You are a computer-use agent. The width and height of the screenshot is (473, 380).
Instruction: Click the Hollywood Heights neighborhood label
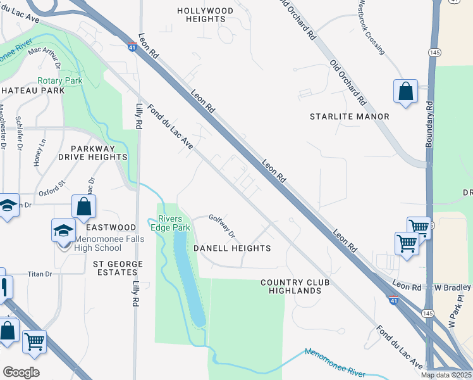click(x=205, y=15)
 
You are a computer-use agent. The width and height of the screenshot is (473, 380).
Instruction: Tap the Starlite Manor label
click(x=349, y=117)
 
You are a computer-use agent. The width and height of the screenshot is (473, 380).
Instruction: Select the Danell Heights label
click(x=232, y=248)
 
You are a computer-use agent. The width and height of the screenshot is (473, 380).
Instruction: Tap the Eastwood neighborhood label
click(x=111, y=227)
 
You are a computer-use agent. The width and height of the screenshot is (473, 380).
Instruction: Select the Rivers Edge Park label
click(x=173, y=223)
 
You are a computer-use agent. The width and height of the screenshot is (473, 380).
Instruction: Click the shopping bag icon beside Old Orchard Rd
click(x=405, y=91)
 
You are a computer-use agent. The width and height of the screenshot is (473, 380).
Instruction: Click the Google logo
click(x=21, y=372)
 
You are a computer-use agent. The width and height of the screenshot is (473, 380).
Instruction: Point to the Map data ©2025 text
click(x=446, y=375)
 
